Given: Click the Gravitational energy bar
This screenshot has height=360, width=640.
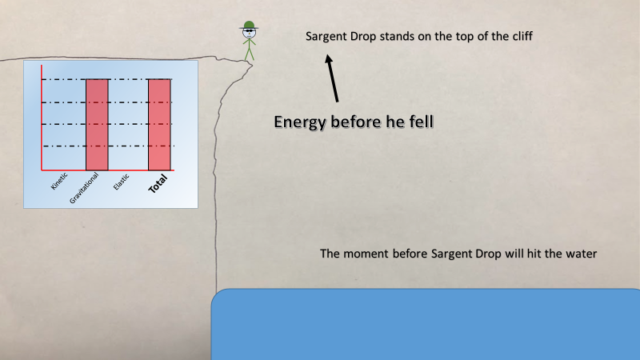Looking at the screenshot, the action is click(97, 125).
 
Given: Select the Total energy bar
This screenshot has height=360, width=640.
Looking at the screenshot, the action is click(159, 125).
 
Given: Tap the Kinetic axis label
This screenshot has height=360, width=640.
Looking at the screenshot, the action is click(59, 182).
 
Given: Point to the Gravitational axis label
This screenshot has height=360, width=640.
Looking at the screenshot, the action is click(84, 188).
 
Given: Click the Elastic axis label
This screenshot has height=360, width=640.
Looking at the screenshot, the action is click(122, 182).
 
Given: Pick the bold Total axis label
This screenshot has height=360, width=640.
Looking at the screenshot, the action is click(158, 184).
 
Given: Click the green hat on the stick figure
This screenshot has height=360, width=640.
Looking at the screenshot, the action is click(249, 26).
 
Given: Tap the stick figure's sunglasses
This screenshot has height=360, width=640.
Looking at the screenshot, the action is click(249, 31).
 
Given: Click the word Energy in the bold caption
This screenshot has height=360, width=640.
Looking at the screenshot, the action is click(300, 122).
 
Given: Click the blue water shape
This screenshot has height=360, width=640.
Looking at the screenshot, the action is click(426, 325).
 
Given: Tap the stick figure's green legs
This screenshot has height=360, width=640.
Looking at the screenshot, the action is click(250, 54).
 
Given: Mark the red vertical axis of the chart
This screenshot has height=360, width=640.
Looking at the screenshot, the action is click(42, 118).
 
